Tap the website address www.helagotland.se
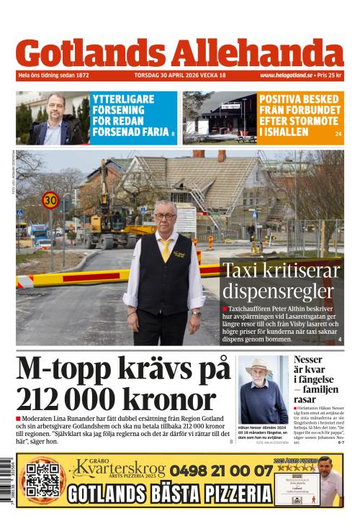click(286, 76)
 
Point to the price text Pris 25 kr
click(330, 76)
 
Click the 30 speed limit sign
click(50, 200)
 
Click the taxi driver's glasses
click(165, 215)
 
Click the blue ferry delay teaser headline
click(132, 117)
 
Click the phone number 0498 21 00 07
click(221, 471)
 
